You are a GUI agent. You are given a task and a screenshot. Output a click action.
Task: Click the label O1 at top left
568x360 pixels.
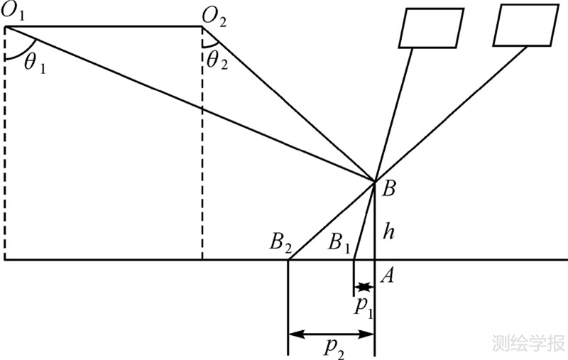click(16, 10)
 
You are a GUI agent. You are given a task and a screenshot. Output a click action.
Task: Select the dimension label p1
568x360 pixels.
click(365, 307)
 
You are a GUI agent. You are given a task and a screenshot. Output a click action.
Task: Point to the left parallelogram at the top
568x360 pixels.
click(431, 28)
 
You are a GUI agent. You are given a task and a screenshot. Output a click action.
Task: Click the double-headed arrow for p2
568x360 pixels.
click(331, 332)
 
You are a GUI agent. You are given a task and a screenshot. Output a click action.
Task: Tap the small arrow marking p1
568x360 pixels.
click(364, 288)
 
